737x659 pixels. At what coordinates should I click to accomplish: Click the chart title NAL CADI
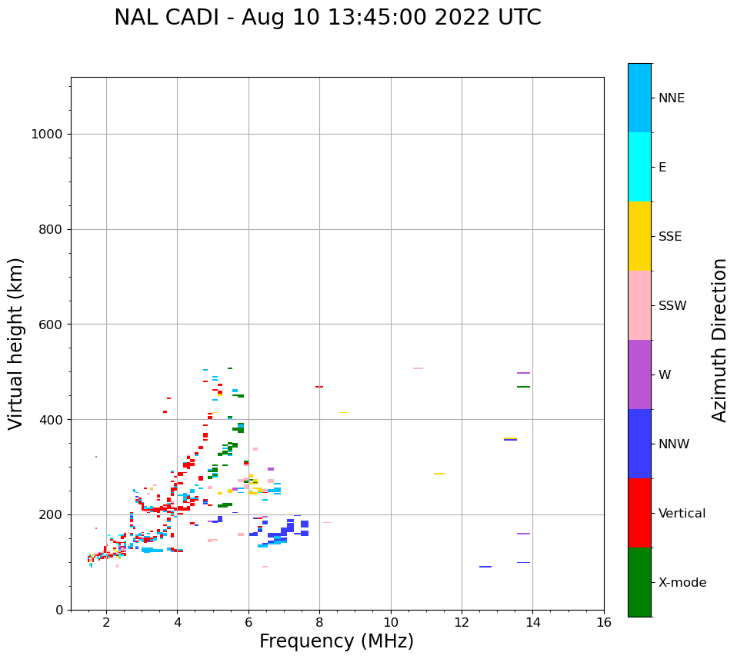tap(327, 18)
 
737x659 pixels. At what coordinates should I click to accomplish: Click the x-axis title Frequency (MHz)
tap(336, 641)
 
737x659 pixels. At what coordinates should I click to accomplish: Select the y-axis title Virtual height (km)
tap(16, 343)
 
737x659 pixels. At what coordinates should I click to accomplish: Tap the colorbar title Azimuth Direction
tap(719, 340)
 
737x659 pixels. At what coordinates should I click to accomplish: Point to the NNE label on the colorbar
tap(671, 98)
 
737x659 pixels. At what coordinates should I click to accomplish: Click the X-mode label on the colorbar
tap(682, 583)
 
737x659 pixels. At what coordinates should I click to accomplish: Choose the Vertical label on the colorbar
tap(682, 514)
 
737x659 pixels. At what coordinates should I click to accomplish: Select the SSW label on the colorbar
tap(672, 306)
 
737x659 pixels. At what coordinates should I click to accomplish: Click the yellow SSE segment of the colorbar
tap(639, 236)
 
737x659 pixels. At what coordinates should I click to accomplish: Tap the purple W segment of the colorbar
tap(639, 374)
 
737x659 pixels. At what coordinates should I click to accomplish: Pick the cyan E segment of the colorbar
tap(639, 167)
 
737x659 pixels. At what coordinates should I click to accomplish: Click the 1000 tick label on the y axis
tap(46, 135)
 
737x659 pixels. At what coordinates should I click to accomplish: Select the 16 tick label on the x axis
tap(604, 622)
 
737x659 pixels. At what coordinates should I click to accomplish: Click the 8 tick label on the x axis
tap(319, 622)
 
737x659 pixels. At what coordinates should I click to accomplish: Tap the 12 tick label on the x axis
tap(462, 622)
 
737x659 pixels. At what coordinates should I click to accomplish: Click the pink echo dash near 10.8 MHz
tap(418, 368)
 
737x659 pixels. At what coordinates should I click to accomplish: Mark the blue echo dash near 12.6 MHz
tap(485, 567)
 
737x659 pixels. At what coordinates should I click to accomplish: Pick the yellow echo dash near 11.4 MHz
tap(439, 474)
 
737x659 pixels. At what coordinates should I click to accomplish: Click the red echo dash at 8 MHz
tap(318, 387)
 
